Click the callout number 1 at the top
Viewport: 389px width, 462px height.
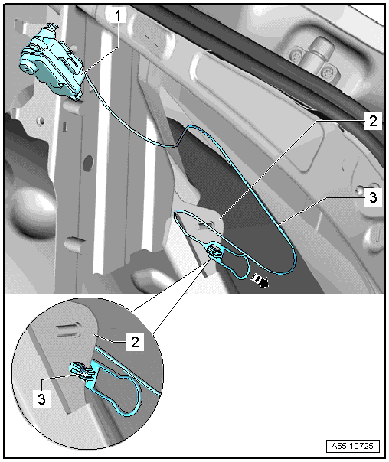[118, 15]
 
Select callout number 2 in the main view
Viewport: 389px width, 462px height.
[373, 121]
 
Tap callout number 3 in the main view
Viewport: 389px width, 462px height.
[373, 197]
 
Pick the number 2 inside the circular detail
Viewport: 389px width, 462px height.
[135, 342]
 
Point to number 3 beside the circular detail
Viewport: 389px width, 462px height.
[41, 399]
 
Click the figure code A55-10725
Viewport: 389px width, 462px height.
[352, 446]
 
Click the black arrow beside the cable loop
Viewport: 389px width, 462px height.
[260, 281]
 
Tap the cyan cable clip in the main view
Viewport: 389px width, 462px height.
[215, 251]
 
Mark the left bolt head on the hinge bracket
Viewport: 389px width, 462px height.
[295, 55]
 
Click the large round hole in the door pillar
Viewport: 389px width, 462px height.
[88, 163]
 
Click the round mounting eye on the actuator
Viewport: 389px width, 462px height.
[27, 69]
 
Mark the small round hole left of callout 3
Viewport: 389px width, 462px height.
[358, 190]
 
